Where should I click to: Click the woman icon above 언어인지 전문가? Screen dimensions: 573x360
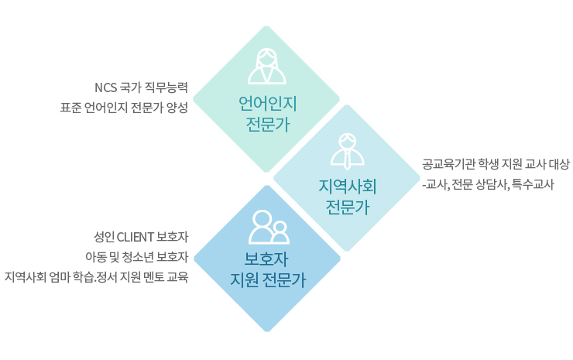coord(267,66)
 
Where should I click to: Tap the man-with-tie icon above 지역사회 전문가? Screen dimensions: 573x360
coord(347,151)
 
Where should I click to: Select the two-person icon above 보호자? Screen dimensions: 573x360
coord(269,228)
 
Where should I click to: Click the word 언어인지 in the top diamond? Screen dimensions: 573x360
coord(267,104)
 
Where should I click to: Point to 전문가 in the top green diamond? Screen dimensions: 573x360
coord(267,125)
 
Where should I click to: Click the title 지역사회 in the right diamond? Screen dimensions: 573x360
coord(347,187)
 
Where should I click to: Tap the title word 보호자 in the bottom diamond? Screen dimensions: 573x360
coord(266,259)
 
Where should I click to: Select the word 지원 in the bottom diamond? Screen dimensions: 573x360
coord(244,280)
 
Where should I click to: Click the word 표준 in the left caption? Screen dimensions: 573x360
coord(70,108)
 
